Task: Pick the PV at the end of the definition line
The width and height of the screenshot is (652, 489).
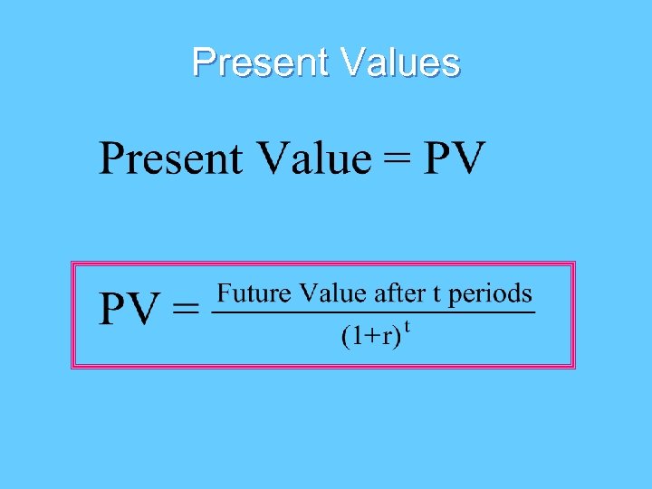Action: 455,159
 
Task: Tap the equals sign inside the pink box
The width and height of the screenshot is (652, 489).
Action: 186,312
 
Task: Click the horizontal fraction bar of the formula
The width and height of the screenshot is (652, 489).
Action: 372,313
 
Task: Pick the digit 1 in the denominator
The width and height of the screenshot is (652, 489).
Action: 355,337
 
